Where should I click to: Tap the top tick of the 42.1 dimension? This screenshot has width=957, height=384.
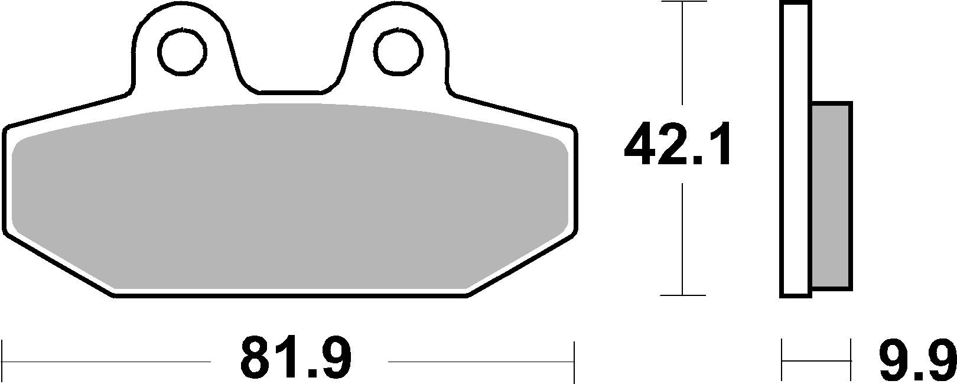click(x=683, y=2)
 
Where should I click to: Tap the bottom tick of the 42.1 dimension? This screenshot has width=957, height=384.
click(x=683, y=295)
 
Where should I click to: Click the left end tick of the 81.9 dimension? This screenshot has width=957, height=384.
click(x=4, y=361)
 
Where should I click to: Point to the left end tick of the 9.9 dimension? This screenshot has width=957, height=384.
click(x=783, y=361)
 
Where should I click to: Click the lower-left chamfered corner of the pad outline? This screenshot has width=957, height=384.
click(x=59, y=265)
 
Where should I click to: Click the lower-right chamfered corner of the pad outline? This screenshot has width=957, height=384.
click(x=520, y=265)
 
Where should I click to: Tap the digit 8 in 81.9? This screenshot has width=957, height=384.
click(x=258, y=358)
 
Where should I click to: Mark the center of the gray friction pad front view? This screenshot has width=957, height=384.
click(x=289, y=198)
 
